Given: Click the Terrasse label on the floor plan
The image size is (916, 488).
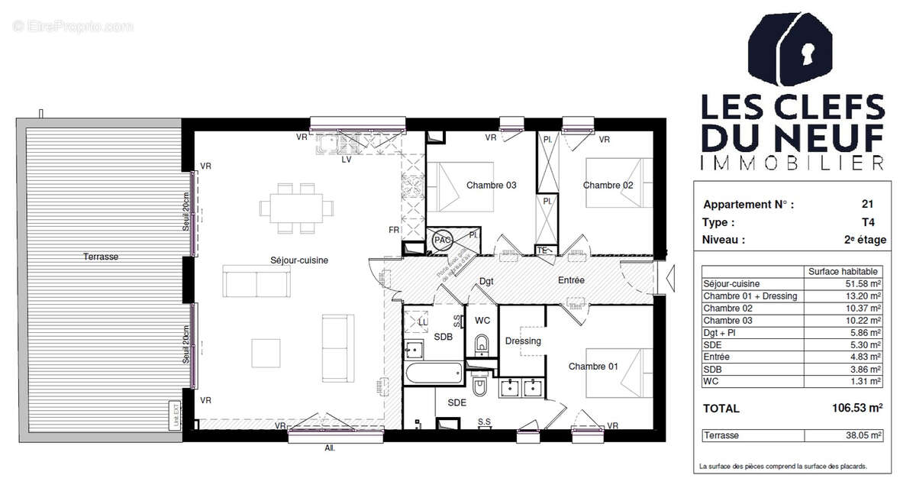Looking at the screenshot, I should pos(101,257).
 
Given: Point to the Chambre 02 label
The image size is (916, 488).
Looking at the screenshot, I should pos(608,185).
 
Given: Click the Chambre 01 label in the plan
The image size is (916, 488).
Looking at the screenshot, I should pos(593,367).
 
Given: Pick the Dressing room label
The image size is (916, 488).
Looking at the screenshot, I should pos(523,341).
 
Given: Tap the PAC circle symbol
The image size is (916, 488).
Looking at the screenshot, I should pos(442,240).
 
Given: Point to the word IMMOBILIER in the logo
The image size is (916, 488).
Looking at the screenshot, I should pos(792,162).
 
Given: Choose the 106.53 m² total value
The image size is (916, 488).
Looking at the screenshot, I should pos(856,409).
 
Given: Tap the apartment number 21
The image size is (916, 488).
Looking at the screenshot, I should pos(866,205).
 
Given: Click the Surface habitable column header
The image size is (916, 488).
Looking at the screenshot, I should pos(843,271).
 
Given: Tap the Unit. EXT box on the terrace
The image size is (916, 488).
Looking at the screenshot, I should pos(175,414).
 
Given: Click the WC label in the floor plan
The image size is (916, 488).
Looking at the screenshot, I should pos(482,320).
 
